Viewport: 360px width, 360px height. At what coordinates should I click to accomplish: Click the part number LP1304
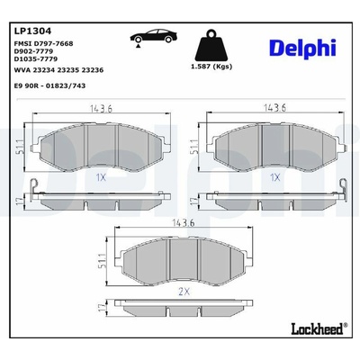tap(32, 31)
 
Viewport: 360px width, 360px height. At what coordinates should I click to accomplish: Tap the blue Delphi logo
tap(302, 49)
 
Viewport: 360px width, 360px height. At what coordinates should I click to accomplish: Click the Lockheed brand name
tap(317, 328)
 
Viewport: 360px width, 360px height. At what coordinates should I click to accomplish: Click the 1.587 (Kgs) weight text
tap(211, 67)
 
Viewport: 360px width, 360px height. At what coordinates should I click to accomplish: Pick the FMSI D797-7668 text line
tap(43, 44)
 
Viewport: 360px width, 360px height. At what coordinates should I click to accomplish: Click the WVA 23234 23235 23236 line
tap(58, 70)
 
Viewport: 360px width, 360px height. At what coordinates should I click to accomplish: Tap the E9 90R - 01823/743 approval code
tap(49, 85)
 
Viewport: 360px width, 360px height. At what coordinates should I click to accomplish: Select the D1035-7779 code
tap(36, 58)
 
